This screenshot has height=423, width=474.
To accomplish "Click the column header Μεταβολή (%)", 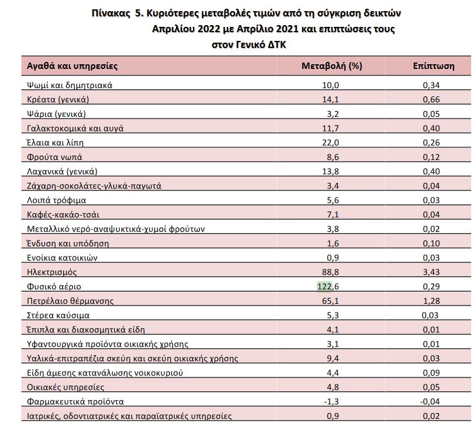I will tap(331, 66).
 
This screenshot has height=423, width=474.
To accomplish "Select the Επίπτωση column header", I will tap(433, 66).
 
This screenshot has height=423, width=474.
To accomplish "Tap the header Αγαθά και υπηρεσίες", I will tap(72, 66).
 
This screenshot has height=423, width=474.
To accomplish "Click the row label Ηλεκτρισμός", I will tap(52, 272).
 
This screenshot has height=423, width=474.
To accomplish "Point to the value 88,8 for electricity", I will tap(330, 272).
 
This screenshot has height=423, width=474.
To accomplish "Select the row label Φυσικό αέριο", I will tap(54, 287).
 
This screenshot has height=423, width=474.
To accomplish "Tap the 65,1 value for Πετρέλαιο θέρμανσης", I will tap(330, 301).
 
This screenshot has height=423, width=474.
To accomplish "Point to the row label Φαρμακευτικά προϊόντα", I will tap(75, 401).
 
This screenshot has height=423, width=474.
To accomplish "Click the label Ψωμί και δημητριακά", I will tap(70, 85).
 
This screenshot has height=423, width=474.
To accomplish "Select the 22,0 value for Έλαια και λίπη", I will tap(330, 143).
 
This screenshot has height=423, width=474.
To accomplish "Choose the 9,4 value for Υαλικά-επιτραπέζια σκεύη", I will tap(332, 358).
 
